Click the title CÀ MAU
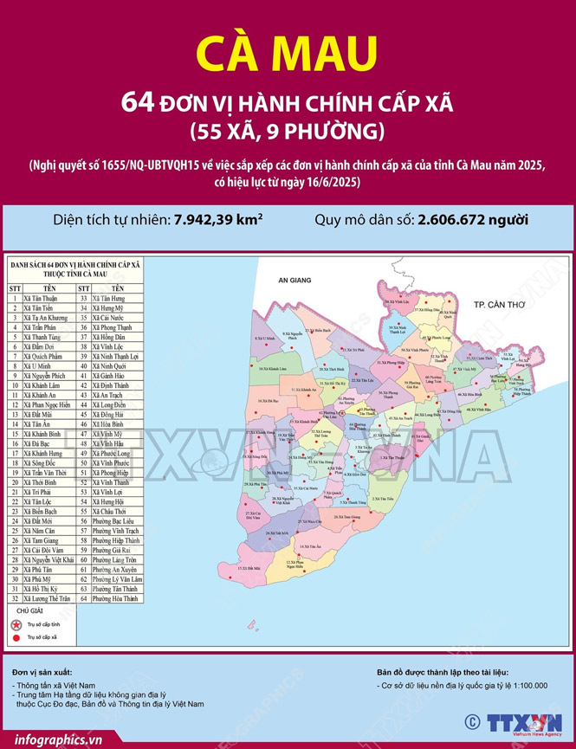pyautogui.click(x=287, y=55)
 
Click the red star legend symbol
pyautogui.click(x=14, y=623)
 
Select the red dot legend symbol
pyautogui.click(x=14, y=637)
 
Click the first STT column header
pyautogui.click(x=14, y=287)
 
